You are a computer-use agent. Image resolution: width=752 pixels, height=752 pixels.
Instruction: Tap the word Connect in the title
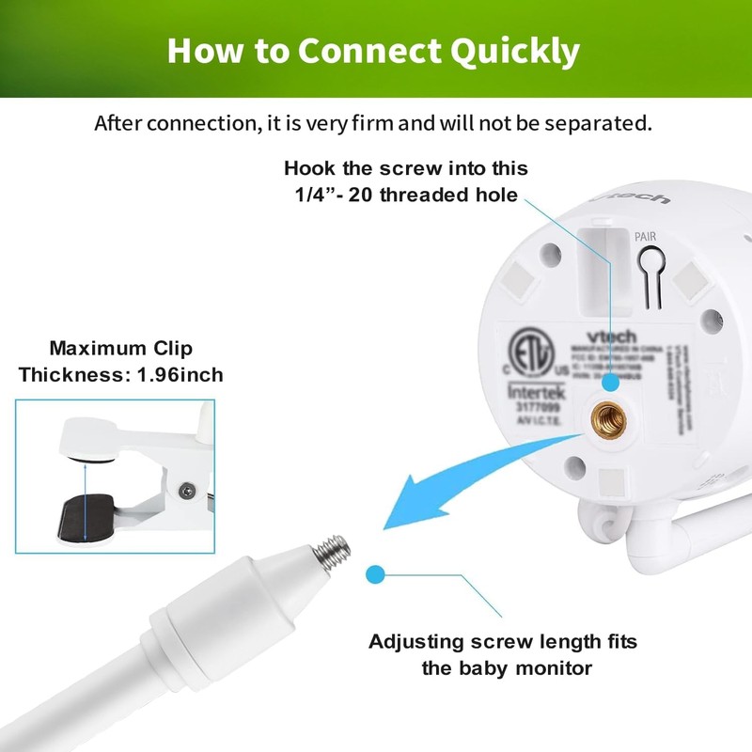pyautogui.click(x=352, y=50)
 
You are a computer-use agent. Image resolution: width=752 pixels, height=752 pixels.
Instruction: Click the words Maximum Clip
pyautogui.click(x=121, y=349)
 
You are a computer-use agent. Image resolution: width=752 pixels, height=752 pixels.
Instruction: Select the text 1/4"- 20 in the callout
pyautogui.click(x=331, y=195)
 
